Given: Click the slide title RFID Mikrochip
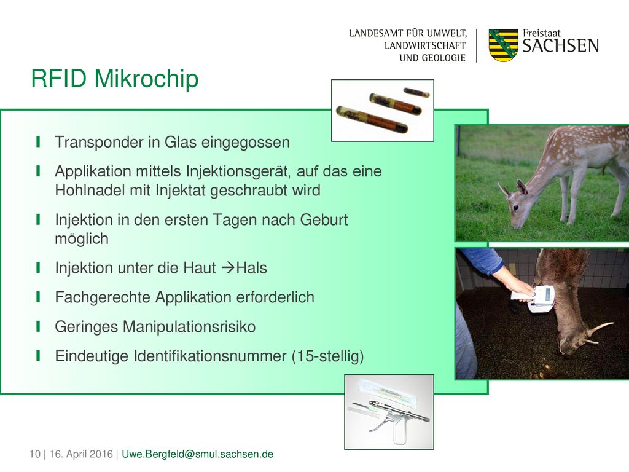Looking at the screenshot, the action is [x=115, y=79].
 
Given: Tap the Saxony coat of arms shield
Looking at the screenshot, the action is [x=503, y=45].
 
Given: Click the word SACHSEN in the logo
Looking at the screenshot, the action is [x=560, y=45].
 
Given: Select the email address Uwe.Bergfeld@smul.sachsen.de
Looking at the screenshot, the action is [x=197, y=454].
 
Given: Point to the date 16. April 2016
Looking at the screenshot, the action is [x=81, y=454].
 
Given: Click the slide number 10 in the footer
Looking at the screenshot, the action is [x=34, y=454].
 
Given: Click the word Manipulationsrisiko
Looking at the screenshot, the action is [x=189, y=327].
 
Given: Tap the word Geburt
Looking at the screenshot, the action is [x=324, y=220].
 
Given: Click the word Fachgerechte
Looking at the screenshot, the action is [x=103, y=298].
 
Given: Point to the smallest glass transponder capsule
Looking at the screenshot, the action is [x=416, y=93].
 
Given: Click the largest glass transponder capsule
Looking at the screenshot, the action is [x=372, y=120].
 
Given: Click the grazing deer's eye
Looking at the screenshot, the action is [x=515, y=208].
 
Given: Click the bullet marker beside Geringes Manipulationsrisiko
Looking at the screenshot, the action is [x=38, y=326].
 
